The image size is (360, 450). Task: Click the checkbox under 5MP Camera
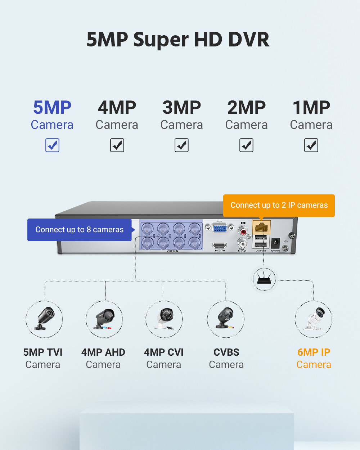point(52,145)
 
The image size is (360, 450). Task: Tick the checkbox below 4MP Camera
point(117,145)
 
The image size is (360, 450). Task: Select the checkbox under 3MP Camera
point(181,145)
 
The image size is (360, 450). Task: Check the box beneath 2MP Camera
point(246,145)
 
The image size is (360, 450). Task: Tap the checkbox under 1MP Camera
point(311,145)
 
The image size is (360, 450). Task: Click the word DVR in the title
point(249,40)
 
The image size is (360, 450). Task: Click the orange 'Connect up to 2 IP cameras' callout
point(279,205)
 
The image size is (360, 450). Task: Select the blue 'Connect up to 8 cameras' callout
point(80,230)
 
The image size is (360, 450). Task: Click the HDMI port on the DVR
point(220,246)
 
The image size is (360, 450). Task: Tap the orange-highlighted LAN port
point(261,227)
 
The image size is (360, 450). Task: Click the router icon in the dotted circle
point(264,279)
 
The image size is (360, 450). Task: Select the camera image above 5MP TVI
point(44,319)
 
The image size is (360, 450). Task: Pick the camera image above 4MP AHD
point(104,319)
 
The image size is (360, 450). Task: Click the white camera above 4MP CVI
point(164,319)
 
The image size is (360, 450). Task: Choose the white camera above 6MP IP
point(314,319)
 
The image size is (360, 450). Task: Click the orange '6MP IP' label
point(314,352)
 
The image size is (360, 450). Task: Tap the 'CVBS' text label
point(226,352)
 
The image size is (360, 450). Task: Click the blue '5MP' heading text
point(52,107)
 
